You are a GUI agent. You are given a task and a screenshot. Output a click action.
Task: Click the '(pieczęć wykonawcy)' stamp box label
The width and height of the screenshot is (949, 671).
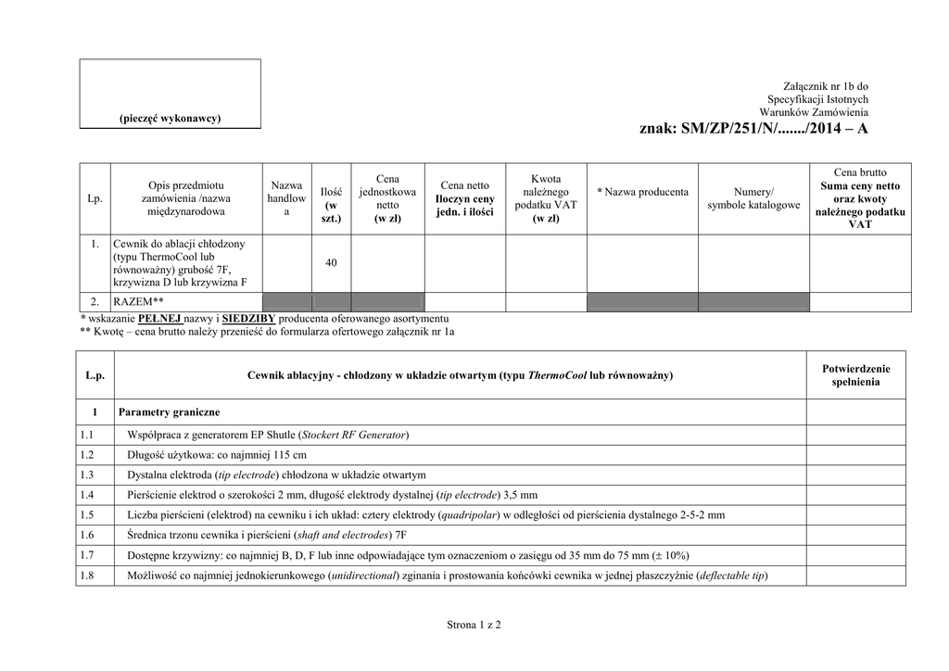pos(170,118)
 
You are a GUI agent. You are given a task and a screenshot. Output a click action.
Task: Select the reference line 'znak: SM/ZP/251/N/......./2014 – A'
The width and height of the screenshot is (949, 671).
pos(753,129)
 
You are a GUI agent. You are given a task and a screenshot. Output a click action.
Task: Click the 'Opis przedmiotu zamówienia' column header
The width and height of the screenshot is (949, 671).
pos(185,198)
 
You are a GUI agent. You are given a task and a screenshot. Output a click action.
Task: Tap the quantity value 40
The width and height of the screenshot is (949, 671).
pos(331,263)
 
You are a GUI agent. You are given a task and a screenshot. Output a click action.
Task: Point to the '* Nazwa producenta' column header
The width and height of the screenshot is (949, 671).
pos(642,192)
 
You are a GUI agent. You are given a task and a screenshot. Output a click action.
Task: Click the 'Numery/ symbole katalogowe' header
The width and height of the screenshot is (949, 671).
pos(753,198)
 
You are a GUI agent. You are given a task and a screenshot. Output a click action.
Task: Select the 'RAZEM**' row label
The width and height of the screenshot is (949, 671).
pos(138,302)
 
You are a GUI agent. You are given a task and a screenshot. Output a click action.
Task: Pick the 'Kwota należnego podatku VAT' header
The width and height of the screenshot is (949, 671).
pos(546,198)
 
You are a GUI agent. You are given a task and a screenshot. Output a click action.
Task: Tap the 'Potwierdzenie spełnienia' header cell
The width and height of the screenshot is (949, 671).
pos(855,374)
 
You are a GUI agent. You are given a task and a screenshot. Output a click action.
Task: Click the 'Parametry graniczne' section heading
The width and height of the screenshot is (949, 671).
pos(169,411)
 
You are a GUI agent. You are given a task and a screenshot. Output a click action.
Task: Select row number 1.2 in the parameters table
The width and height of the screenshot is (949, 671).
pos(88,454)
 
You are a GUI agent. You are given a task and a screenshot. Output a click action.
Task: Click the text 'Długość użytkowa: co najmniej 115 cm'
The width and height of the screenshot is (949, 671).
pos(217,454)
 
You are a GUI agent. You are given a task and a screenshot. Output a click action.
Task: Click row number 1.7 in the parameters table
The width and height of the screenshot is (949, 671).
pos(88,555)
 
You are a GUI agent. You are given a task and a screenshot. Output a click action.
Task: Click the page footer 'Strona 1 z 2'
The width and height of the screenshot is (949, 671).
pos(474,626)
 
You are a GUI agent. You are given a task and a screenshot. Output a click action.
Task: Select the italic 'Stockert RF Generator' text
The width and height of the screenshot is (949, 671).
pos(354,434)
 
